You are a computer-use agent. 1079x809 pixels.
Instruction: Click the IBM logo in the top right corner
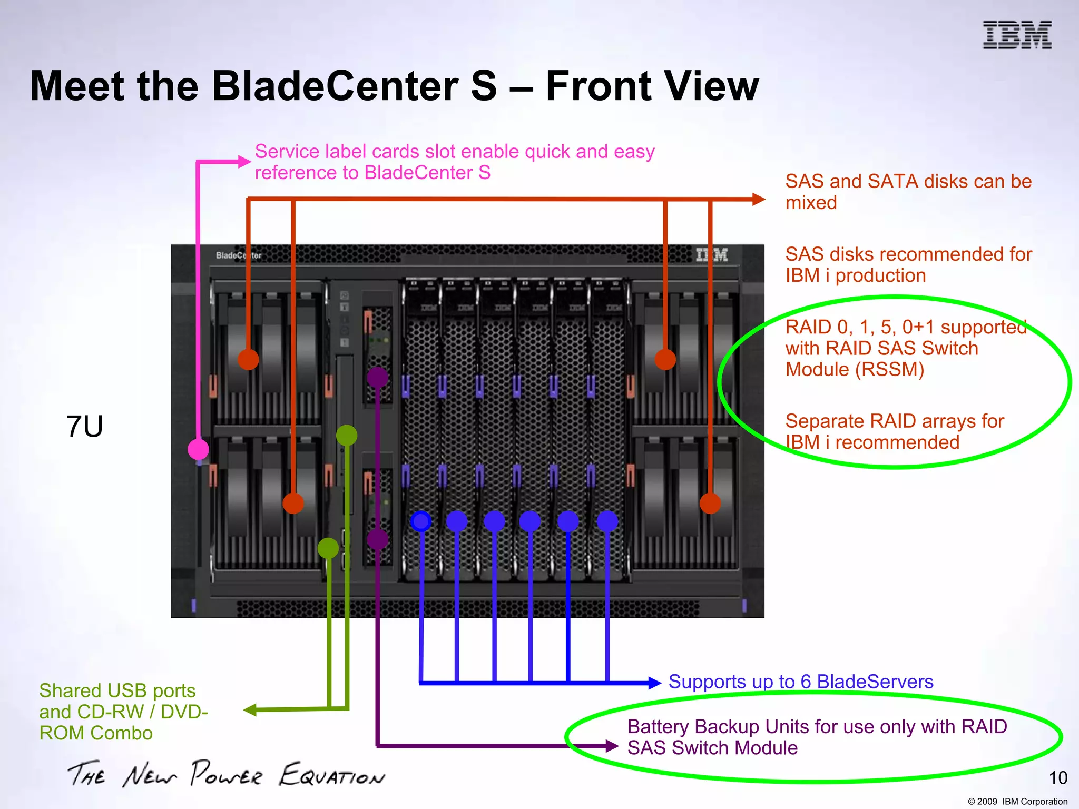[x=1017, y=35]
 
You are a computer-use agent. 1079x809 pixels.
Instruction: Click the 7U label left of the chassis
[x=84, y=426]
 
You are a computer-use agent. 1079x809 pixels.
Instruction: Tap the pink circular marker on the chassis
[x=198, y=449]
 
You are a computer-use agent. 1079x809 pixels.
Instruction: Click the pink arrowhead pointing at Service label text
[x=244, y=162]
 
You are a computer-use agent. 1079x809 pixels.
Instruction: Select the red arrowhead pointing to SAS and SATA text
[x=759, y=199]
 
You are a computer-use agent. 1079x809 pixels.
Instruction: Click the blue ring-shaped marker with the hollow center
[x=420, y=521]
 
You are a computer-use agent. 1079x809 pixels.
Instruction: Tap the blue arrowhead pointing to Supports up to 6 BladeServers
[x=655, y=683]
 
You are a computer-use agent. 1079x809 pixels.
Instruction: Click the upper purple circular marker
[x=377, y=377]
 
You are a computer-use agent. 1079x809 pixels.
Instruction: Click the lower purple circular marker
[x=377, y=539]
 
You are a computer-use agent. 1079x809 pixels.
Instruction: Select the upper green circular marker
[x=347, y=435]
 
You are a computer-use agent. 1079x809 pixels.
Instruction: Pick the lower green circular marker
[x=328, y=548]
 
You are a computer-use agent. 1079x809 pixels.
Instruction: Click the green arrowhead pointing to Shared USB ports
[x=250, y=710]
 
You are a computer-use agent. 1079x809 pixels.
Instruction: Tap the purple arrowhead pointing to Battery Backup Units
[x=612, y=746]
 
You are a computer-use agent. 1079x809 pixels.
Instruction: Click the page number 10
[x=1058, y=778]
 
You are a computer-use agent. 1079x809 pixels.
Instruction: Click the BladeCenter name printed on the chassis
[x=238, y=255]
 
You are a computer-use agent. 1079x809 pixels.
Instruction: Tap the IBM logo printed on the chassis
[x=712, y=255]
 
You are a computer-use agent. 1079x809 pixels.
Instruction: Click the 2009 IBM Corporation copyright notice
[x=1017, y=801]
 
